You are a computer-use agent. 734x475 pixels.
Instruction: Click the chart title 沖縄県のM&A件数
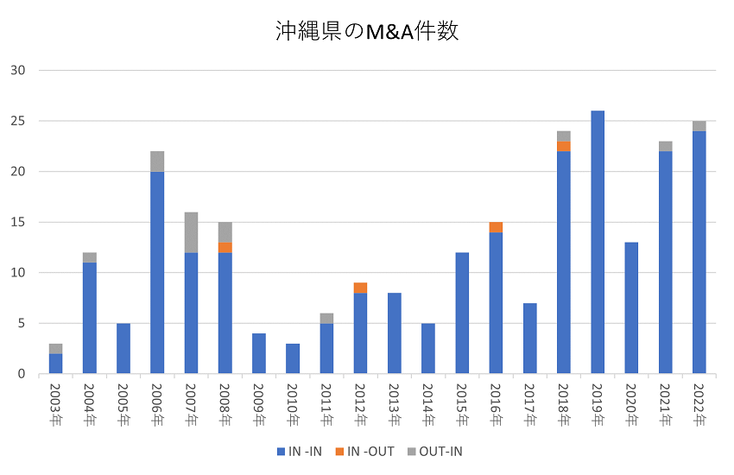click(x=366, y=32)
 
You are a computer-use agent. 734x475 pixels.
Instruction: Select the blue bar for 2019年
click(x=598, y=242)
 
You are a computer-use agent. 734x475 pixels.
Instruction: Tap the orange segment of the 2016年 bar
click(x=496, y=227)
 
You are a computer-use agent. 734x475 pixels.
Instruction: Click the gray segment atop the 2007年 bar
click(x=191, y=232)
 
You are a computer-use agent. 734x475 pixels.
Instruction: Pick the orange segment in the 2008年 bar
click(x=225, y=248)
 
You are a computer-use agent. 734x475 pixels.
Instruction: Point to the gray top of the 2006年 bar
click(x=157, y=161)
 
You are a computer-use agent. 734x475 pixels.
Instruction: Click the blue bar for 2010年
click(x=293, y=358)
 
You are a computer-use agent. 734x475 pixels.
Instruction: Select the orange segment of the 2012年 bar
click(x=360, y=288)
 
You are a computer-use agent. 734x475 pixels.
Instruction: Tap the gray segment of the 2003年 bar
click(x=55, y=349)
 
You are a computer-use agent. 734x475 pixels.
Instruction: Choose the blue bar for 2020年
click(x=631, y=308)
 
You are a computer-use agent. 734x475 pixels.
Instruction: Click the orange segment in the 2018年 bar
click(x=564, y=146)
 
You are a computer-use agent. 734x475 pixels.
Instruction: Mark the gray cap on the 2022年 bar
click(x=699, y=126)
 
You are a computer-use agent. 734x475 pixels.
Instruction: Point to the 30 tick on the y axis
click(x=19, y=71)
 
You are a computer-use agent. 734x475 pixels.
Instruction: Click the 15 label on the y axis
click(x=19, y=223)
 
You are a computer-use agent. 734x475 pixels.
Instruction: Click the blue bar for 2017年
click(x=529, y=339)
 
